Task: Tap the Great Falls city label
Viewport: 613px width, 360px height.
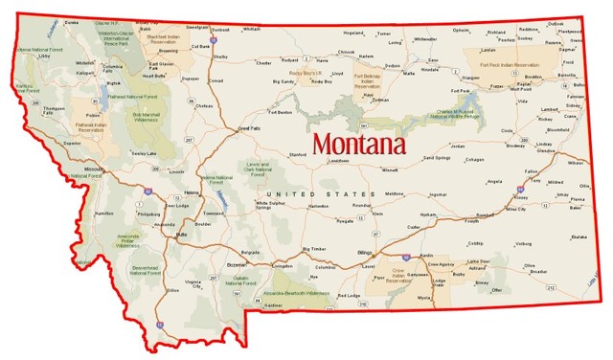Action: pyautogui.click(x=249, y=126)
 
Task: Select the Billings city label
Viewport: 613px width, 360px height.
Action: pyautogui.click(x=364, y=251)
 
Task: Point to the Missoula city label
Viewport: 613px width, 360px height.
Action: pyautogui.click(x=94, y=169)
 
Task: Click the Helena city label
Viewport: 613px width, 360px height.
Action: pyautogui.click(x=191, y=192)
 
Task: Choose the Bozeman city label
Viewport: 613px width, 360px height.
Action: pyautogui.click(x=237, y=262)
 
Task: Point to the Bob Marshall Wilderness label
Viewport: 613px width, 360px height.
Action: pyautogui.click(x=148, y=117)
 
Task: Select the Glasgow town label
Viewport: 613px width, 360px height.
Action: pyautogui.click(x=470, y=78)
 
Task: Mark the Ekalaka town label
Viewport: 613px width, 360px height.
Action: pyautogui.click(x=578, y=236)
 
